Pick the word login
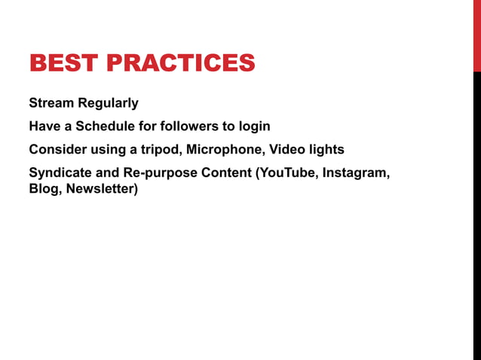coord(253,126)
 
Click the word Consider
coord(57,150)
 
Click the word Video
coord(287,150)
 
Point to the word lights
coord(326,150)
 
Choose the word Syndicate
coord(60,173)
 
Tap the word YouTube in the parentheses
coord(288,173)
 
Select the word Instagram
coord(357,173)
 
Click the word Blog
coord(44,189)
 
